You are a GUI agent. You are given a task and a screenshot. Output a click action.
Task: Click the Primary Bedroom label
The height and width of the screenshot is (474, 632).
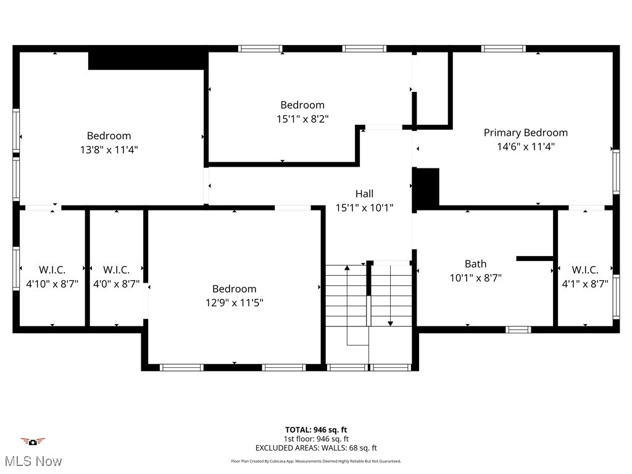525,133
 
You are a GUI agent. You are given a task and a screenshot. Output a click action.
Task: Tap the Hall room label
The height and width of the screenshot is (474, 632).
364,194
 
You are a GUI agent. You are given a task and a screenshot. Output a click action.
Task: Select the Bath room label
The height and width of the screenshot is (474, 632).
475,264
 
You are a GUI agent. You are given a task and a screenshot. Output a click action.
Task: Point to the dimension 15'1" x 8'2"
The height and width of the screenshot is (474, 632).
302,118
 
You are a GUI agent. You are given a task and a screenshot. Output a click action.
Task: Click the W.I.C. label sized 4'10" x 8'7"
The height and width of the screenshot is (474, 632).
52,270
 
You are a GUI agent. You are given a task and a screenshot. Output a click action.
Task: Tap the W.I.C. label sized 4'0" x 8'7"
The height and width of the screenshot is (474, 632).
116,270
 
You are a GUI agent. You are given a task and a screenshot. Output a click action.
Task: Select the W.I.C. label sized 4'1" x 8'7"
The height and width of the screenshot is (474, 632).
584,270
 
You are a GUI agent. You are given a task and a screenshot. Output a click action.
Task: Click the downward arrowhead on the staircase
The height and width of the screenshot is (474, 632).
390,323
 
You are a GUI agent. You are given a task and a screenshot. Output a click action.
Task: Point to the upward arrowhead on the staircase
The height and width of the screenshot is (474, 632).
347,268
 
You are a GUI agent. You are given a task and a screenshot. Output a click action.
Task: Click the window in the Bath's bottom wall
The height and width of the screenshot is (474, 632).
518,330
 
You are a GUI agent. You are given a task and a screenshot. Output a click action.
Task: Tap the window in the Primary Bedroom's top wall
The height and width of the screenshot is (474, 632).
503,48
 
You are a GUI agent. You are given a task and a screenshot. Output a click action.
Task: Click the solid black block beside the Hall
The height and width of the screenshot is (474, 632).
426,187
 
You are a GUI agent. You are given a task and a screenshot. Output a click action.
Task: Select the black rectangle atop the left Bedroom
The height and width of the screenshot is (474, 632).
146,60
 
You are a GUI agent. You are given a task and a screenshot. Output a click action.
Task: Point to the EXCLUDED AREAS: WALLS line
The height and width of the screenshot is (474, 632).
316,448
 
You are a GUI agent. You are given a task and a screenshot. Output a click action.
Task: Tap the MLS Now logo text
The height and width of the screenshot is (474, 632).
32,461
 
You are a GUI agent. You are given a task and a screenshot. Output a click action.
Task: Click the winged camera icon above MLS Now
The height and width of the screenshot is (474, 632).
33,441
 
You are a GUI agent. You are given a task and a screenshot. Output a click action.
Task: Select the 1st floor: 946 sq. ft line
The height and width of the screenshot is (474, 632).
316,439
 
